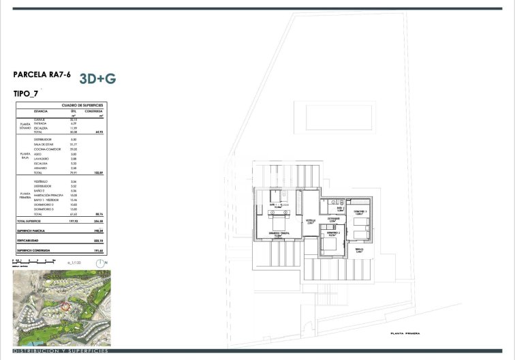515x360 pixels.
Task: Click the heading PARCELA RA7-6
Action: tap(42, 75)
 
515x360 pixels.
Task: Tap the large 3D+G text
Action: tap(97, 78)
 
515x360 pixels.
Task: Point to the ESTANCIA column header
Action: tap(42, 111)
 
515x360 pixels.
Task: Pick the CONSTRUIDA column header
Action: tap(94, 111)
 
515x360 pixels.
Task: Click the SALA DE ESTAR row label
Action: tap(44, 144)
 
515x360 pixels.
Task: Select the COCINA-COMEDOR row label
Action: tap(46, 149)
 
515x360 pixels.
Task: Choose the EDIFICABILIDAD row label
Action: tap(26, 240)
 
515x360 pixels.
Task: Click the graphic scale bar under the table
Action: tap(31, 261)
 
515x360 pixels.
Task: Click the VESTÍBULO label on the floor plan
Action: tap(310, 221)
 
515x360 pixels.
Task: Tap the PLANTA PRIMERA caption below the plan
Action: tap(406, 333)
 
